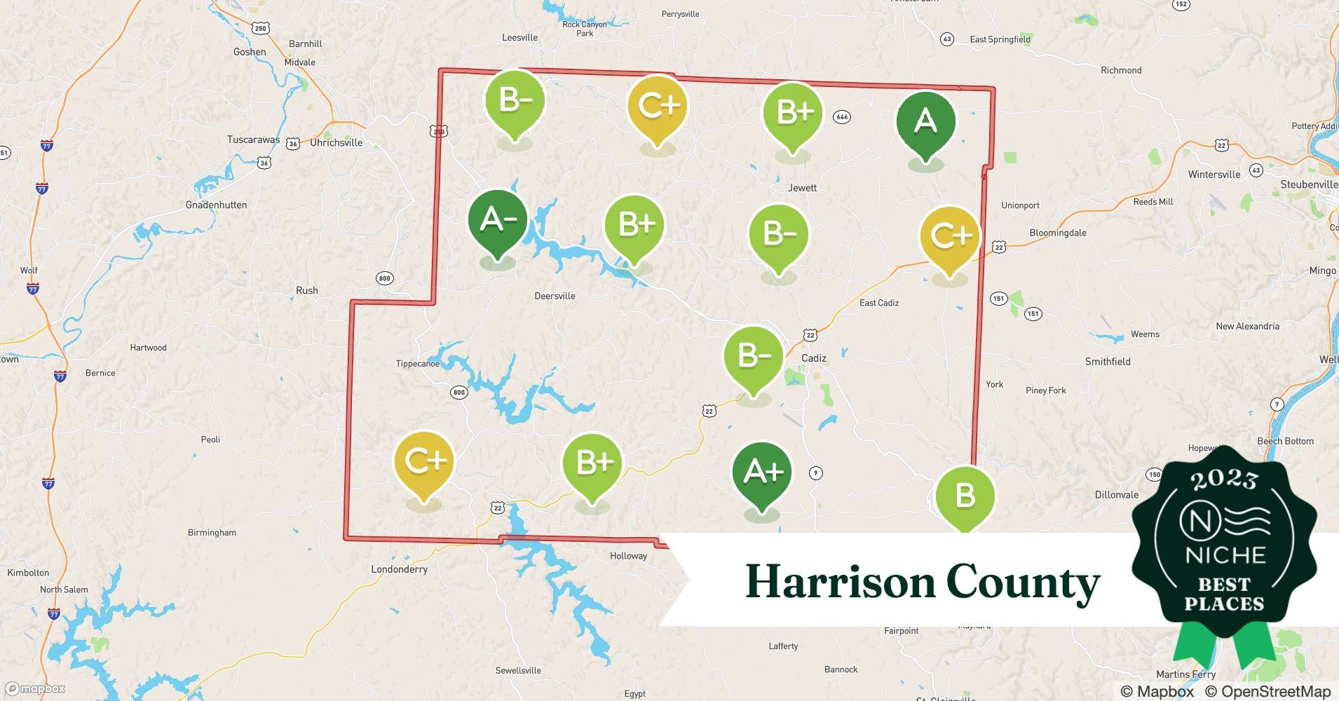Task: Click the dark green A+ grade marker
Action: click(x=762, y=472)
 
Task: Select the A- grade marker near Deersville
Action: click(x=497, y=220)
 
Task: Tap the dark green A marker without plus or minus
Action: click(x=925, y=122)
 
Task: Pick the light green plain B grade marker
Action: click(x=965, y=496)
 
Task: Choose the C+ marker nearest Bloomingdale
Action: click(x=950, y=236)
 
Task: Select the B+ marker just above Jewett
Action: click(x=793, y=112)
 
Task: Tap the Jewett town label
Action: click(x=802, y=188)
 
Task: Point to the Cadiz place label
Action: click(x=813, y=358)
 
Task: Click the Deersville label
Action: click(x=555, y=296)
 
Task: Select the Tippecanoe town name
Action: click(x=417, y=364)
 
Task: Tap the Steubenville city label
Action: click(x=1309, y=184)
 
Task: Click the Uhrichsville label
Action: click(x=337, y=142)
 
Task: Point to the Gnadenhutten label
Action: click(x=216, y=205)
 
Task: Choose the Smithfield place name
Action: click(x=1108, y=362)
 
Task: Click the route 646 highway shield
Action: click(x=842, y=117)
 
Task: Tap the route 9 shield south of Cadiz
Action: click(x=815, y=473)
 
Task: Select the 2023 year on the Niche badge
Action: click(x=1224, y=479)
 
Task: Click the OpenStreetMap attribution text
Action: click(x=1267, y=691)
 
